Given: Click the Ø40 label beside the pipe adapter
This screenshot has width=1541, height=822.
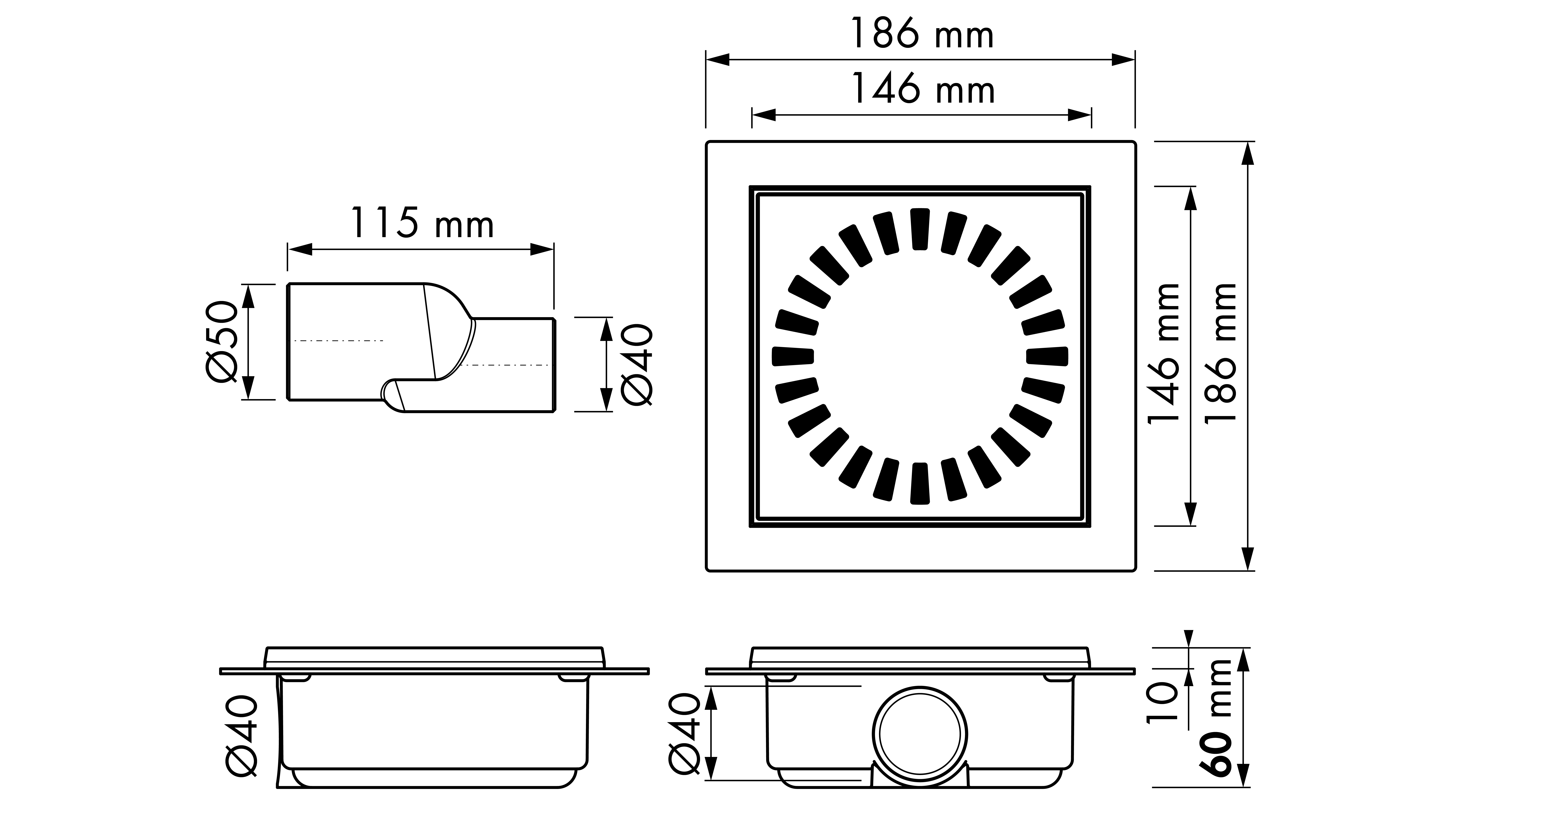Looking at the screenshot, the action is tap(637, 364).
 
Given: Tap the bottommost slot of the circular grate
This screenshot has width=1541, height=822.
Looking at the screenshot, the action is tap(920, 483).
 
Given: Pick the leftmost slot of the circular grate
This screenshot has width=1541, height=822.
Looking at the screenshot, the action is tap(793, 356).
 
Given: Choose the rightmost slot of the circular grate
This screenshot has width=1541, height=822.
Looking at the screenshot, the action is tap(1047, 356).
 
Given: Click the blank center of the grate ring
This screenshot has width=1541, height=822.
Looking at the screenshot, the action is tap(920, 356).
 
